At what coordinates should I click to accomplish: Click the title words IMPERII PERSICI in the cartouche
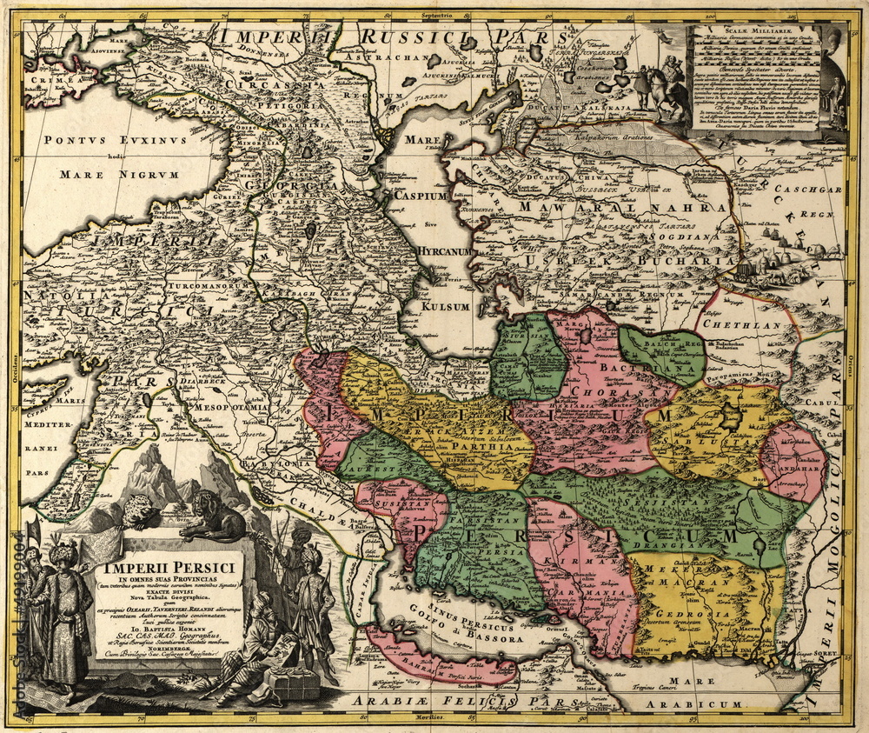coord(169,569)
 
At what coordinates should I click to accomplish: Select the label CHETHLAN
coord(738,324)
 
